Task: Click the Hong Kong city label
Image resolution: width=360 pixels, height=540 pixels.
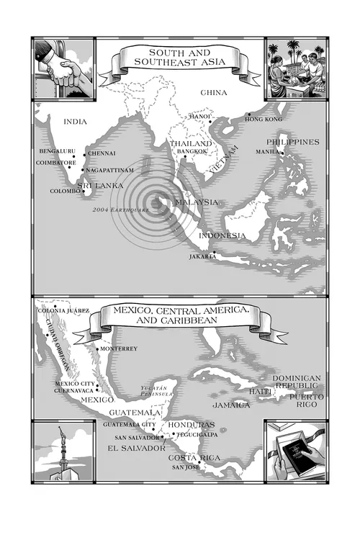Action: pos(264,118)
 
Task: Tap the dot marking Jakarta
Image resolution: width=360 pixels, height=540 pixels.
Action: pos(214,252)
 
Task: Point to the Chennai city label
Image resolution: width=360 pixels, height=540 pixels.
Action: pos(102,154)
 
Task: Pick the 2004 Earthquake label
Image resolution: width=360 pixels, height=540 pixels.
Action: pos(120,210)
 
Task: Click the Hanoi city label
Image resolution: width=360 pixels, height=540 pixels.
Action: pos(199,116)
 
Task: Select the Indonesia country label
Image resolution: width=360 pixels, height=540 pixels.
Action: pos(222,236)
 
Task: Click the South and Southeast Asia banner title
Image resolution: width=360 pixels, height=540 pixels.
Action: pos(184,57)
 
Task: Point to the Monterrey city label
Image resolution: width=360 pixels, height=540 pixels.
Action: pos(119,348)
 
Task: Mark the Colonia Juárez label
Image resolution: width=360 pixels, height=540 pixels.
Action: pos(63,310)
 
